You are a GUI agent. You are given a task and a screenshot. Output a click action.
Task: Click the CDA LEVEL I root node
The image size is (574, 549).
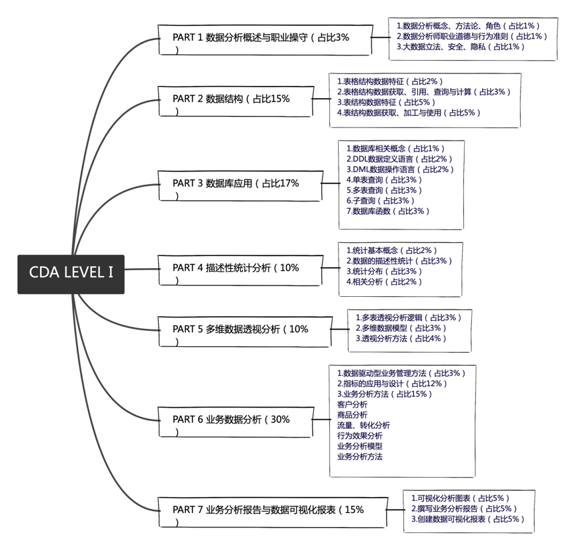(x=71, y=273)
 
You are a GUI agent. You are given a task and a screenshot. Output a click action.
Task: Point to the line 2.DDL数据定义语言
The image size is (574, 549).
(x=399, y=159)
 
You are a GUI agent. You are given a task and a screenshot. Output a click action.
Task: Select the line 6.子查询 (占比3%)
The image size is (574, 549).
(x=380, y=200)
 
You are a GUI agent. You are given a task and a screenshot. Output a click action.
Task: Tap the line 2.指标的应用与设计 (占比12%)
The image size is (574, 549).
(x=392, y=384)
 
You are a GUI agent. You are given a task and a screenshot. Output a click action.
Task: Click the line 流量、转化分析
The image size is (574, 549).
(x=363, y=425)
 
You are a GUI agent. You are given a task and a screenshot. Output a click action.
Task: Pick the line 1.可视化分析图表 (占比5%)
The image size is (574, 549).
(x=461, y=498)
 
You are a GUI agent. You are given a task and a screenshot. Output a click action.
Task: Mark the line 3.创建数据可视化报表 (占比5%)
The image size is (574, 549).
(x=469, y=518)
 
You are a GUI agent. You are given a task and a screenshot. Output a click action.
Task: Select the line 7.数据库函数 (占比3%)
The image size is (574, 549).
(x=388, y=211)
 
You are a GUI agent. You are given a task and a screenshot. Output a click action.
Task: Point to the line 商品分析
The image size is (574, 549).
(x=352, y=414)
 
